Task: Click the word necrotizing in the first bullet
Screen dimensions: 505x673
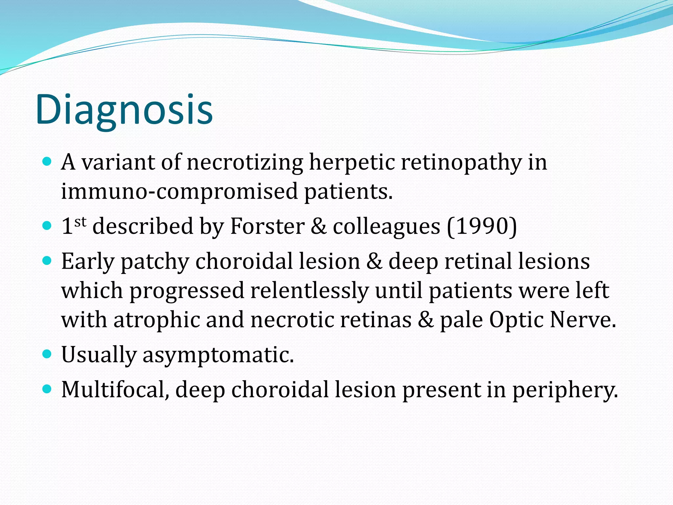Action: point(245,162)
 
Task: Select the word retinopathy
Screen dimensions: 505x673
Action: point(461,162)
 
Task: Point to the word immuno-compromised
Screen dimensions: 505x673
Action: point(179,192)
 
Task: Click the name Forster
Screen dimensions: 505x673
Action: point(267,226)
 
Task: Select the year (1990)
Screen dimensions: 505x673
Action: point(482,226)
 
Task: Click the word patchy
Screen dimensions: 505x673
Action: point(155,262)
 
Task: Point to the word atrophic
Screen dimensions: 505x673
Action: point(156,320)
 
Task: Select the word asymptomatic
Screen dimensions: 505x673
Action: point(218,355)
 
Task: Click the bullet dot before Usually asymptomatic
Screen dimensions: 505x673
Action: point(47,354)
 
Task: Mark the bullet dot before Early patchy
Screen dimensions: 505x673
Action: point(47,261)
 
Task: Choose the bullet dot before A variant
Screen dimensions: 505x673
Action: point(47,161)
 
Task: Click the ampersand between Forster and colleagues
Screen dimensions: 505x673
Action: point(318,226)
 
